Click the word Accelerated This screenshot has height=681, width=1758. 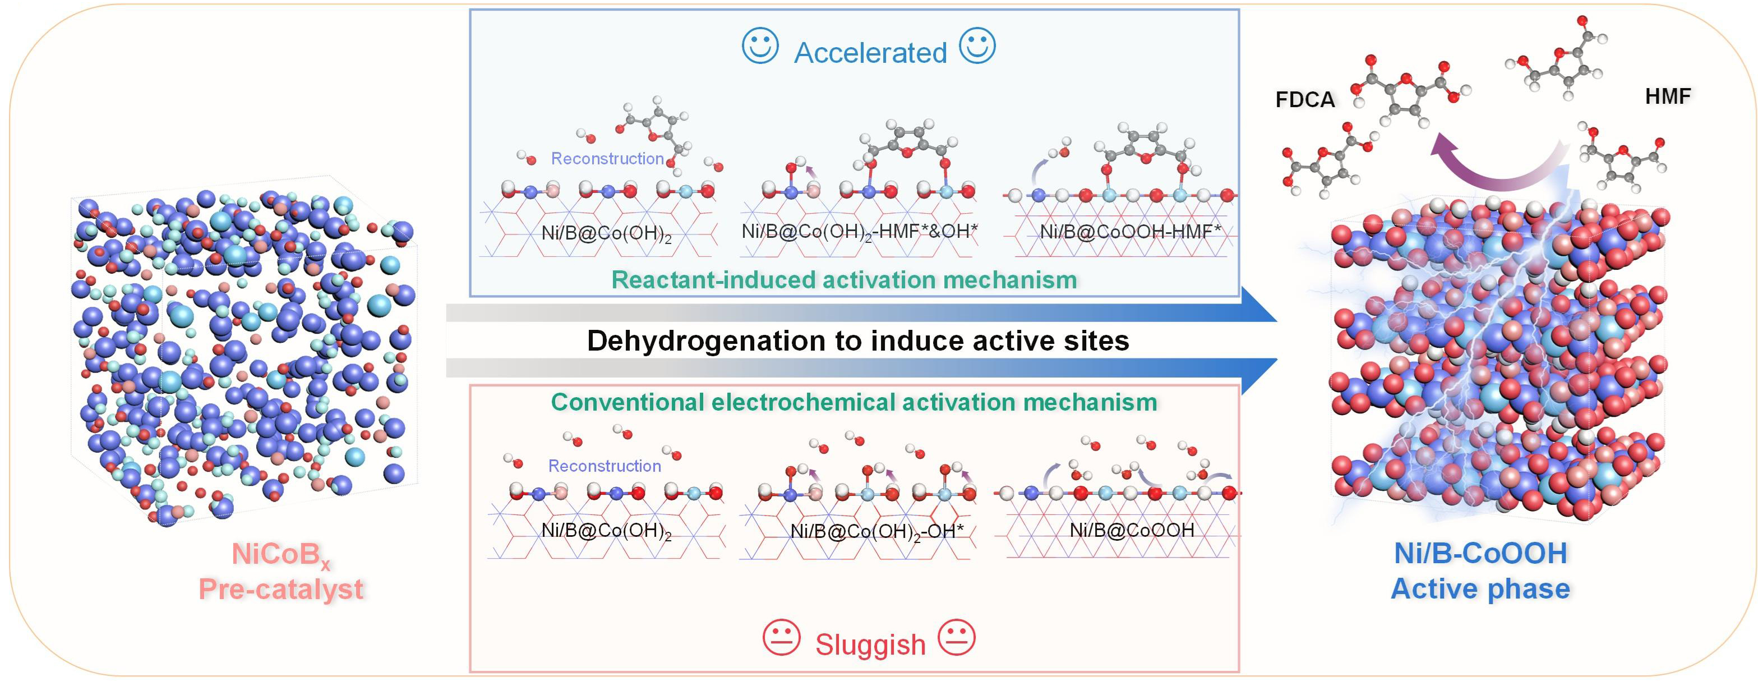click(870, 53)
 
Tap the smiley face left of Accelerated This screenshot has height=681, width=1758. click(760, 47)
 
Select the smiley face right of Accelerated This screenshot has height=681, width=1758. click(977, 47)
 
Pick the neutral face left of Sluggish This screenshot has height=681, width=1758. click(781, 638)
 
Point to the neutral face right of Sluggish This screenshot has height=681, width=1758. click(957, 638)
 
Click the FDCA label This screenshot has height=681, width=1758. click(1305, 100)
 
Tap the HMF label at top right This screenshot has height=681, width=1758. click(1668, 97)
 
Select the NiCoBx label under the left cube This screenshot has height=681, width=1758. click(280, 555)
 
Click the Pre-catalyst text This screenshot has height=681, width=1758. click(280, 589)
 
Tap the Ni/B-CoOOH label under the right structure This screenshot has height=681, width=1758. click(1480, 554)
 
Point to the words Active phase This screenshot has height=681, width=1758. click(1480, 589)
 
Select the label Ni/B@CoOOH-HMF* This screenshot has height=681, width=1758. click(1130, 232)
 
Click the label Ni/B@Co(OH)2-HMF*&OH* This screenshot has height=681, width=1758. click(859, 232)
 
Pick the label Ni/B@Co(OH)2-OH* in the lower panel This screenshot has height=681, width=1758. click(876, 531)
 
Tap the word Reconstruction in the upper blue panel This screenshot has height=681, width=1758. click(607, 159)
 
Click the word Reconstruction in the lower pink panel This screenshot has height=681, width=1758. click(605, 466)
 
